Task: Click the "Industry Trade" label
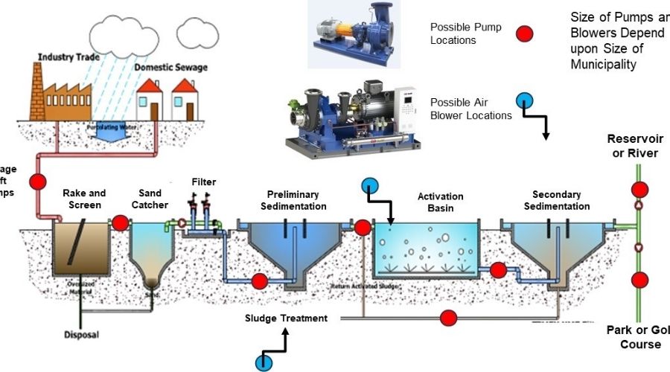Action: coord(68,57)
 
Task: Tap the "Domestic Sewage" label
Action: coord(171,68)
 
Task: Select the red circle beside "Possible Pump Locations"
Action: coord(526,33)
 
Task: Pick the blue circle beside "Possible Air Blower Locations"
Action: coord(524,100)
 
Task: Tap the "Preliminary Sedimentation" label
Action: coord(294,201)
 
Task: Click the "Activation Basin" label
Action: coord(440,202)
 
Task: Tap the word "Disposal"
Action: coord(81,335)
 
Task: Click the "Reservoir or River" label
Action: coord(633,146)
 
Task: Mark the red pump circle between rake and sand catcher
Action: coord(120,222)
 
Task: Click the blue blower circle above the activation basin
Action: coord(369,185)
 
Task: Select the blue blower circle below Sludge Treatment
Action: coord(264,362)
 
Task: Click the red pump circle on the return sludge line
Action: coord(447,318)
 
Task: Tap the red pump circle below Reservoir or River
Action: coord(639,189)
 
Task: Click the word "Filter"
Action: coord(203,182)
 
